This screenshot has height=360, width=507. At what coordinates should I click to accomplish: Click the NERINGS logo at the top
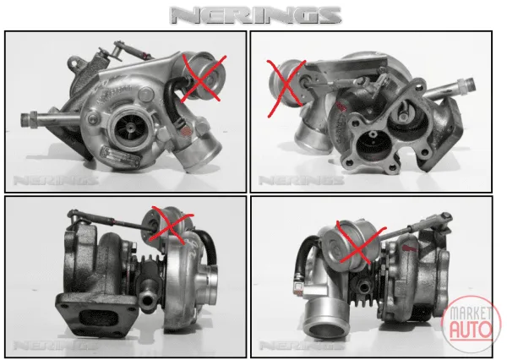coord(255,15)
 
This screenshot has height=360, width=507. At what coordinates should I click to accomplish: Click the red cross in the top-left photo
coord(203,79)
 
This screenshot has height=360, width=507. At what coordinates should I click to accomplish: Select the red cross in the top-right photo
coord(286,87)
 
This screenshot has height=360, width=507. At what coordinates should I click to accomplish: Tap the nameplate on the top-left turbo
coord(121,157)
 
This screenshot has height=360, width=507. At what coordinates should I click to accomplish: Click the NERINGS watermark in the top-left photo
coord(55,181)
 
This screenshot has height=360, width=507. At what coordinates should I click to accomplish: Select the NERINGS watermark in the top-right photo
coord(301,180)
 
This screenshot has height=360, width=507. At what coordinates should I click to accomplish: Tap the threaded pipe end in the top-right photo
coord(466,85)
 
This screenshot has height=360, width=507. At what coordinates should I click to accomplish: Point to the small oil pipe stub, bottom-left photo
coord(147,301)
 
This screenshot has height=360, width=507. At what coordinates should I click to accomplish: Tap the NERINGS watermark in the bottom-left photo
coord(55,346)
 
